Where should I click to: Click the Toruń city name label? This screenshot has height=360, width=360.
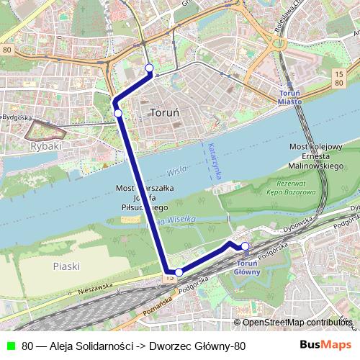coord(168,113)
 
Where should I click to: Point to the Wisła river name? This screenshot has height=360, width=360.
coord(176,171)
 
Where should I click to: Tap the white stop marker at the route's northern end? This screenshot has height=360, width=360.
coord(150,68)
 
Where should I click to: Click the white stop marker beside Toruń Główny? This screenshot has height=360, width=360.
coord(245,247)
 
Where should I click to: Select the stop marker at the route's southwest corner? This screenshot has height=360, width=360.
coord(179,272)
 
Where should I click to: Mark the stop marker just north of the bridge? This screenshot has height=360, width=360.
coord(117,112)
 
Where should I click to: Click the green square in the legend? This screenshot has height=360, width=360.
coord(9,346)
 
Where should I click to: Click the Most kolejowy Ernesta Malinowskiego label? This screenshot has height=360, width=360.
coord(315,156)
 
